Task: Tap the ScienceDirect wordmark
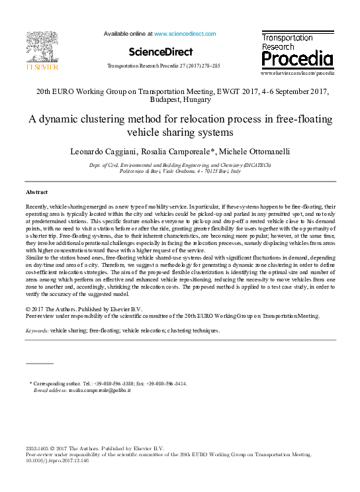pyautogui.click(x=160, y=52)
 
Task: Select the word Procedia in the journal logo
pyautogui.click(x=297, y=60)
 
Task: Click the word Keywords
pyautogui.click(x=37, y=330)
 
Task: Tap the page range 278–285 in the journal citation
pyautogui.click(x=210, y=66)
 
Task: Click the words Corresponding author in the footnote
pyautogui.click(x=58, y=383)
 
